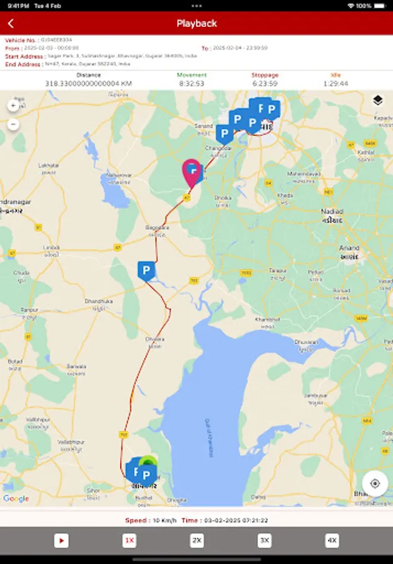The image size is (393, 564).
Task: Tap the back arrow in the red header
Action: point(11,24)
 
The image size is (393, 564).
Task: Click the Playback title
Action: point(196,24)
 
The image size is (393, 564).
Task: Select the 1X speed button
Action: point(129,540)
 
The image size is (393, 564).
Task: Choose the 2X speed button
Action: point(197,540)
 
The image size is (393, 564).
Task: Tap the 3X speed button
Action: point(265,540)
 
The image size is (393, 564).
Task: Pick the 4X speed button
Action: point(332,540)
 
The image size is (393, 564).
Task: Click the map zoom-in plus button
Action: point(13,106)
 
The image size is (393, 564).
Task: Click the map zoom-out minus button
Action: point(13,124)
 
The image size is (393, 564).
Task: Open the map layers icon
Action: point(378,101)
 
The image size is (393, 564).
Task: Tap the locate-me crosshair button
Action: point(375,483)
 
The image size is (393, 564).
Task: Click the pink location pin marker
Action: point(191,172)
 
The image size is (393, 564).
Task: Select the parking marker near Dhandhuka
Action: point(146,271)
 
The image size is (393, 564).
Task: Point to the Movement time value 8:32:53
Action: point(191,83)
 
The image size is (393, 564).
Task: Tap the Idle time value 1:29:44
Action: point(336,83)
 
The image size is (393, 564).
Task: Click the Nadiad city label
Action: point(332,212)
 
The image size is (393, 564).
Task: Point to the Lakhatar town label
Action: point(48,165)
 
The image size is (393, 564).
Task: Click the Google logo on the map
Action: point(16,499)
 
